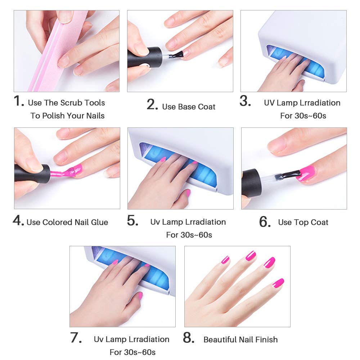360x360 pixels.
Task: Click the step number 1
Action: click(x=19, y=102)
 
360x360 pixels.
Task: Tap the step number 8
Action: click(x=189, y=338)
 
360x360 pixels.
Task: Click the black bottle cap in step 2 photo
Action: click(x=142, y=57)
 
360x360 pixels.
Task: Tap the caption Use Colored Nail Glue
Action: click(x=67, y=222)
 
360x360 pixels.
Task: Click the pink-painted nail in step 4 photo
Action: click(x=77, y=170)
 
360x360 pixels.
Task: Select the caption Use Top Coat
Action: click(x=303, y=222)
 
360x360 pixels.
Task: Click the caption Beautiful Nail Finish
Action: click(x=240, y=339)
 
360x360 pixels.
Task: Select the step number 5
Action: click(x=132, y=221)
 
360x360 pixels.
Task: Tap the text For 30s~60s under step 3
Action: click(x=303, y=116)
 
